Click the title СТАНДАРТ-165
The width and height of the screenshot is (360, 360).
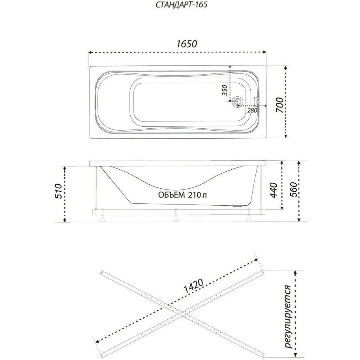181,5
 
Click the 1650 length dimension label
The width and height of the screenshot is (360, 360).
187,44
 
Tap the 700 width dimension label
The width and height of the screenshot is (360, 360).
279,105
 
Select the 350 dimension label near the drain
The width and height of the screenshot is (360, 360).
225,90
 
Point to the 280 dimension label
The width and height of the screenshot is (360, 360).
252,111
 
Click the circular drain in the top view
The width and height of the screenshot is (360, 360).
237,102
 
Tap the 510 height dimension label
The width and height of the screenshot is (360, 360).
58,191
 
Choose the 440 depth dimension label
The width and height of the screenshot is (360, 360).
274,190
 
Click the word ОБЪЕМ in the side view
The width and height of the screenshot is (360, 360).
171,195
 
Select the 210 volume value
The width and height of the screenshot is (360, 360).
195,195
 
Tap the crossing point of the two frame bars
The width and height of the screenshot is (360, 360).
182,316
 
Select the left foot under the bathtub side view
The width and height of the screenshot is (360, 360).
102,216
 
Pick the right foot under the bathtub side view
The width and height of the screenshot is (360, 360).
249,216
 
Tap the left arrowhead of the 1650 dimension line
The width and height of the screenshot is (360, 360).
90,52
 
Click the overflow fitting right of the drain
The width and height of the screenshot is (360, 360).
257,101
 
